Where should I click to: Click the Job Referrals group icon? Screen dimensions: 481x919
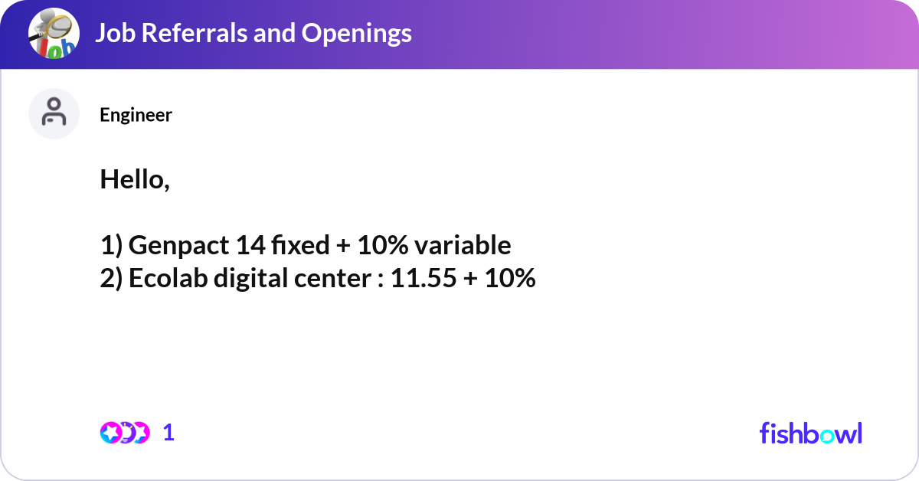54,34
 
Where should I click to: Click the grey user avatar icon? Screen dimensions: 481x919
54,113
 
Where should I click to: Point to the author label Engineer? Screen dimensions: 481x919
136,115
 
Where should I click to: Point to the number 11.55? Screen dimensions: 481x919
423,279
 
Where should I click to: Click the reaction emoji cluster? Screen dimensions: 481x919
124,433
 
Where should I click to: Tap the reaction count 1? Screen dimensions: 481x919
168,433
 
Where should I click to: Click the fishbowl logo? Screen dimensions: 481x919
810,433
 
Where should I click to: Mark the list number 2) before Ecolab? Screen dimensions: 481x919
111,279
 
